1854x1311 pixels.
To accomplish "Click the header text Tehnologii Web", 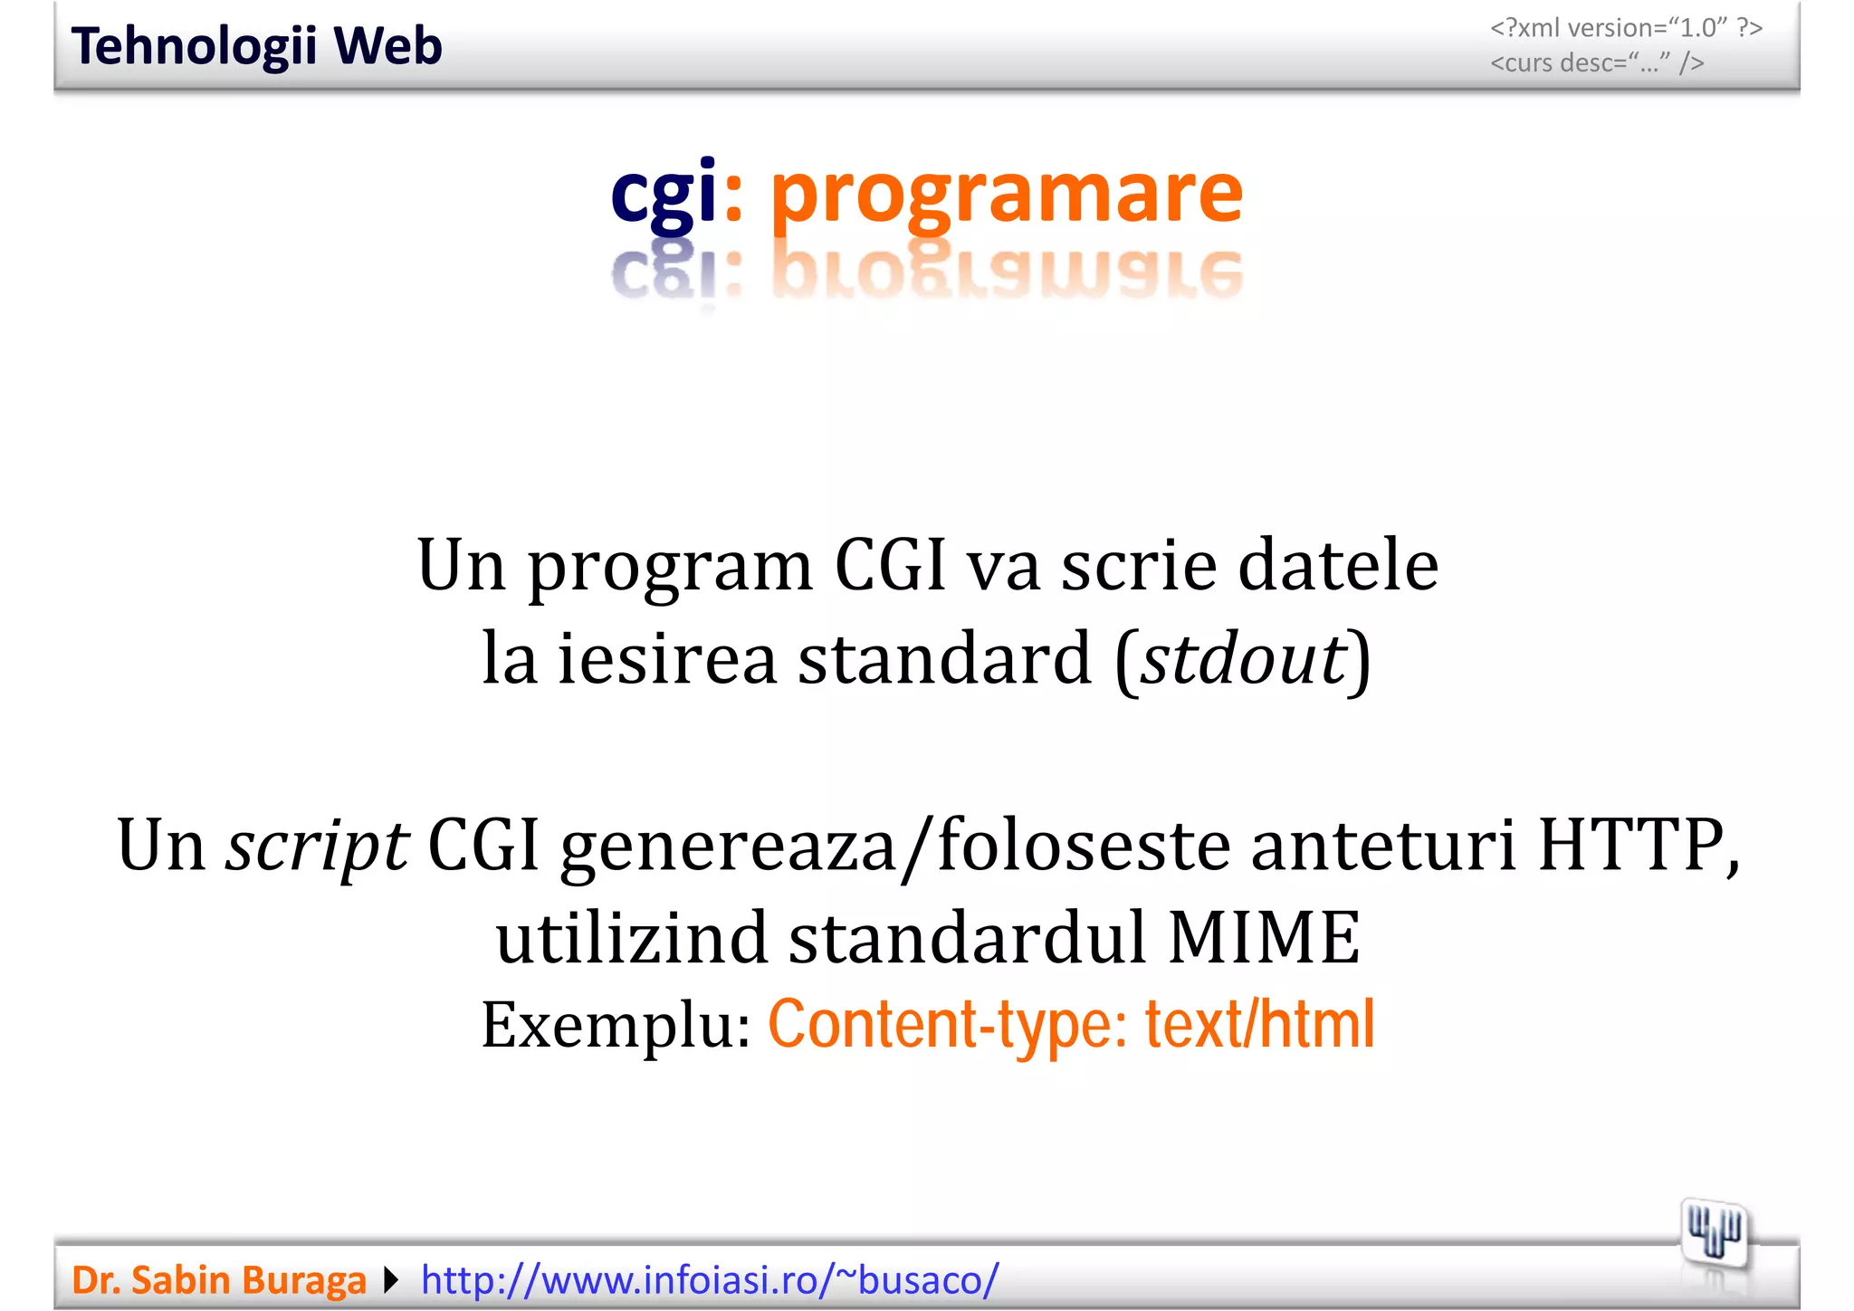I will click(x=256, y=46).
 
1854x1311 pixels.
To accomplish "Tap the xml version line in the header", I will click(x=1626, y=28).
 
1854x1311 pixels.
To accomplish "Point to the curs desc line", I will click(x=1597, y=63).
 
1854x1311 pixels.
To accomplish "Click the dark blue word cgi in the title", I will click(x=664, y=193).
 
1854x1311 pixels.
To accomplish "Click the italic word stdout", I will click(x=1244, y=658).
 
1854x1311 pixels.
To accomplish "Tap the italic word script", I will click(x=317, y=846).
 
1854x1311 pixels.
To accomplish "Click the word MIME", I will click(x=1264, y=937).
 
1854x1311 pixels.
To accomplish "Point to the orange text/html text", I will click(x=1260, y=1024).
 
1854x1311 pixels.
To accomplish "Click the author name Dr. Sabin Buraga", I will click(x=219, y=1280).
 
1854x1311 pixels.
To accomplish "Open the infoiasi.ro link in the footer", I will click(x=710, y=1280).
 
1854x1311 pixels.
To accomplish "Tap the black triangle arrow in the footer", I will click(x=391, y=1280).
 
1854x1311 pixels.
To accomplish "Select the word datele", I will click(x=1338, y=565).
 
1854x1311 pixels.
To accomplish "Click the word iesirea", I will click(x=667, y=658).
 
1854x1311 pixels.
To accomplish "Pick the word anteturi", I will click(x=1383, y=846).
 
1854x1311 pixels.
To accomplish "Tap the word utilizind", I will click(x=632, y=937).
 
